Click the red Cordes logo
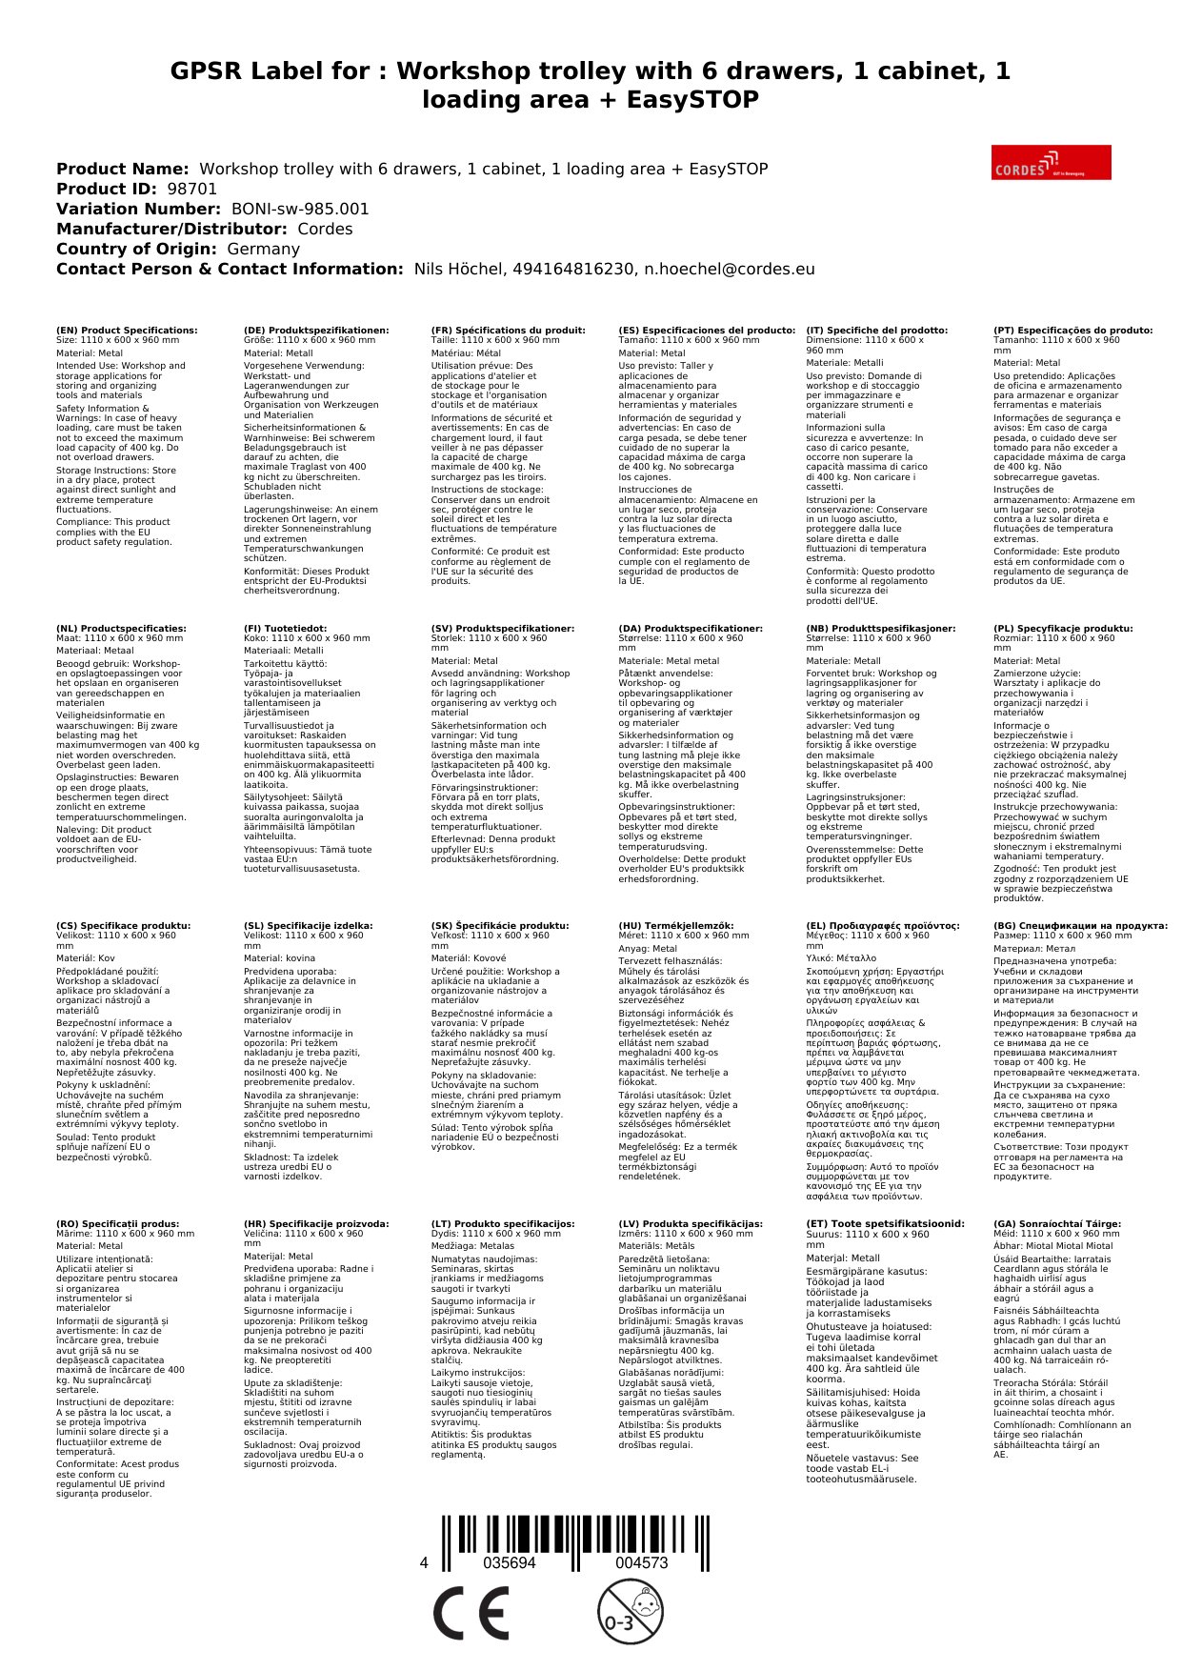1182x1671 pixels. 1051,162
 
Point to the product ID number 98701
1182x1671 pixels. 192,189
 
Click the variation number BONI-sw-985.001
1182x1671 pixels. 300,209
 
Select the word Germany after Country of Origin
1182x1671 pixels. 263,249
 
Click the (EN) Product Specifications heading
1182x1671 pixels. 127,331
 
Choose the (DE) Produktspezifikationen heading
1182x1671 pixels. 316,331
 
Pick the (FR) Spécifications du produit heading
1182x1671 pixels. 508,331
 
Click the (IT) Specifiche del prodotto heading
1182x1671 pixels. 876,331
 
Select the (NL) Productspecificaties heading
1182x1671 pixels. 121,629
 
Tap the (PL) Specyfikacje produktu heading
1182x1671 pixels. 1063,629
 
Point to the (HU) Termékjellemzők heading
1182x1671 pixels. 676,926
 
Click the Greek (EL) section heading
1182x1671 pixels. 883,926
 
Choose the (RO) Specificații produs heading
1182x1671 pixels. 117,1224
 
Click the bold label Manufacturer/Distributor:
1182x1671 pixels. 171,229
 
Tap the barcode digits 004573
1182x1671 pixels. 641,1563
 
